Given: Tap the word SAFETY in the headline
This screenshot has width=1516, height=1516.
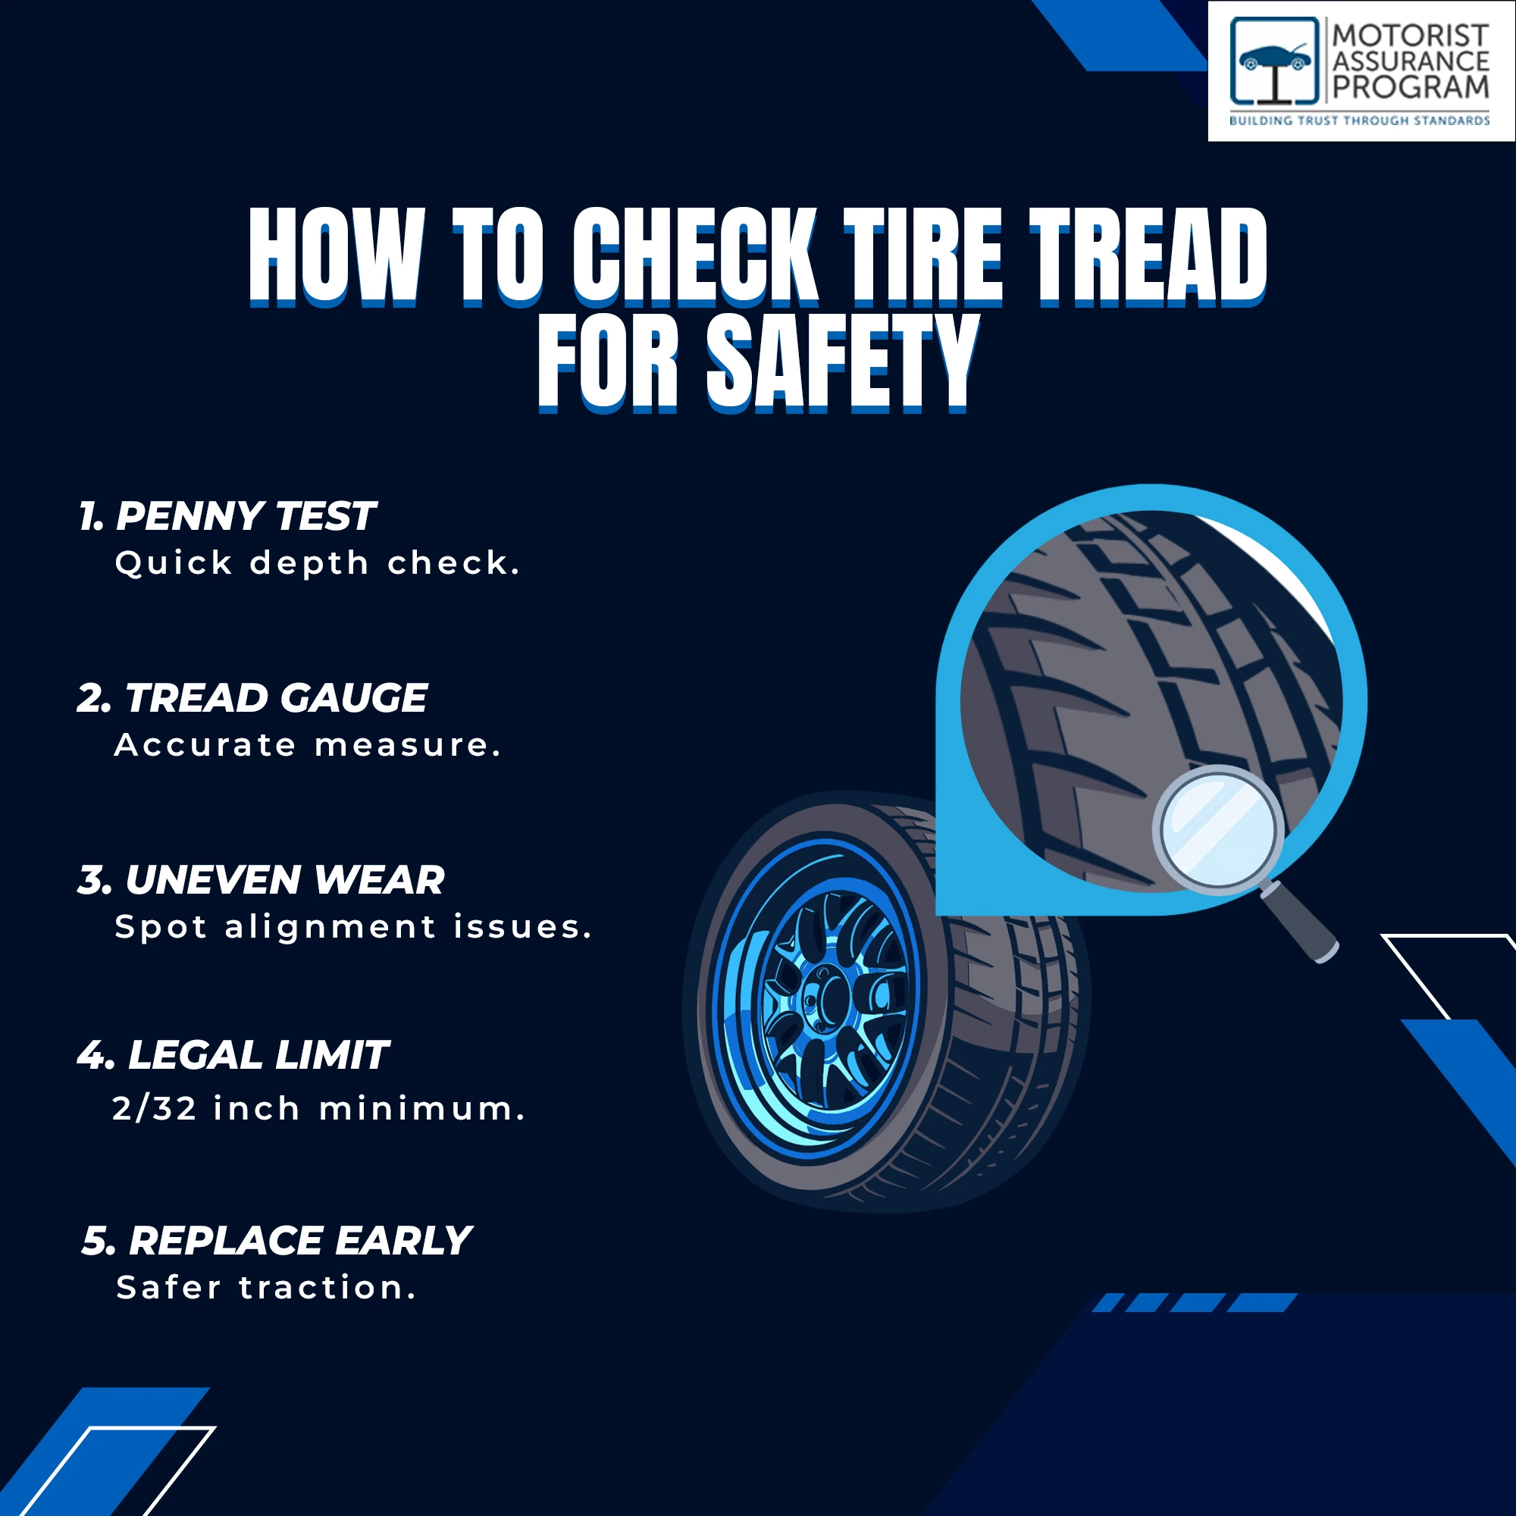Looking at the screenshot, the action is click(844, 363).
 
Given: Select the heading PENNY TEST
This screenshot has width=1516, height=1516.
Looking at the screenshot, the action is click(246, 516).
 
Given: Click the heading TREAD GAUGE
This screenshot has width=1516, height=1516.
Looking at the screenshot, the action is click(275, 697).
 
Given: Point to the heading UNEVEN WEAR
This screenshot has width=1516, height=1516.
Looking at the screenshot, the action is click(284, 879).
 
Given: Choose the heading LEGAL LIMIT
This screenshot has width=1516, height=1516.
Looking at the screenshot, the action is click(258, 1054).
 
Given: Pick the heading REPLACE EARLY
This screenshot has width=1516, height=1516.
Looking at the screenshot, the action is click(299, 1241).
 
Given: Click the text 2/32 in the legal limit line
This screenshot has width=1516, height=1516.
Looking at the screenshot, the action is click(155, 1109).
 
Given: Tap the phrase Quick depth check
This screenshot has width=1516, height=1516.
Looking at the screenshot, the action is click(317, 563).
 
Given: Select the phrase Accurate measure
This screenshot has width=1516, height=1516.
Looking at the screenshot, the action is click(307, 744).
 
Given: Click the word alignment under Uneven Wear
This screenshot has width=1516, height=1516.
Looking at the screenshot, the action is click(330, 928).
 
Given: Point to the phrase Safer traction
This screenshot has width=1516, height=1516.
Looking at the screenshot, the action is click(265, 1288).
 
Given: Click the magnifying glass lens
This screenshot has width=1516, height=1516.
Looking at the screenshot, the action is click(1218, 830).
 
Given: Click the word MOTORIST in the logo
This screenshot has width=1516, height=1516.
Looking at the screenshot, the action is click(1411, 36).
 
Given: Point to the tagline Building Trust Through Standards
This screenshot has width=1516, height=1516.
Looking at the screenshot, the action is click(1359, 121).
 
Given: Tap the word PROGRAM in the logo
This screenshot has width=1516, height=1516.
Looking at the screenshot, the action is click(1411, 87).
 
